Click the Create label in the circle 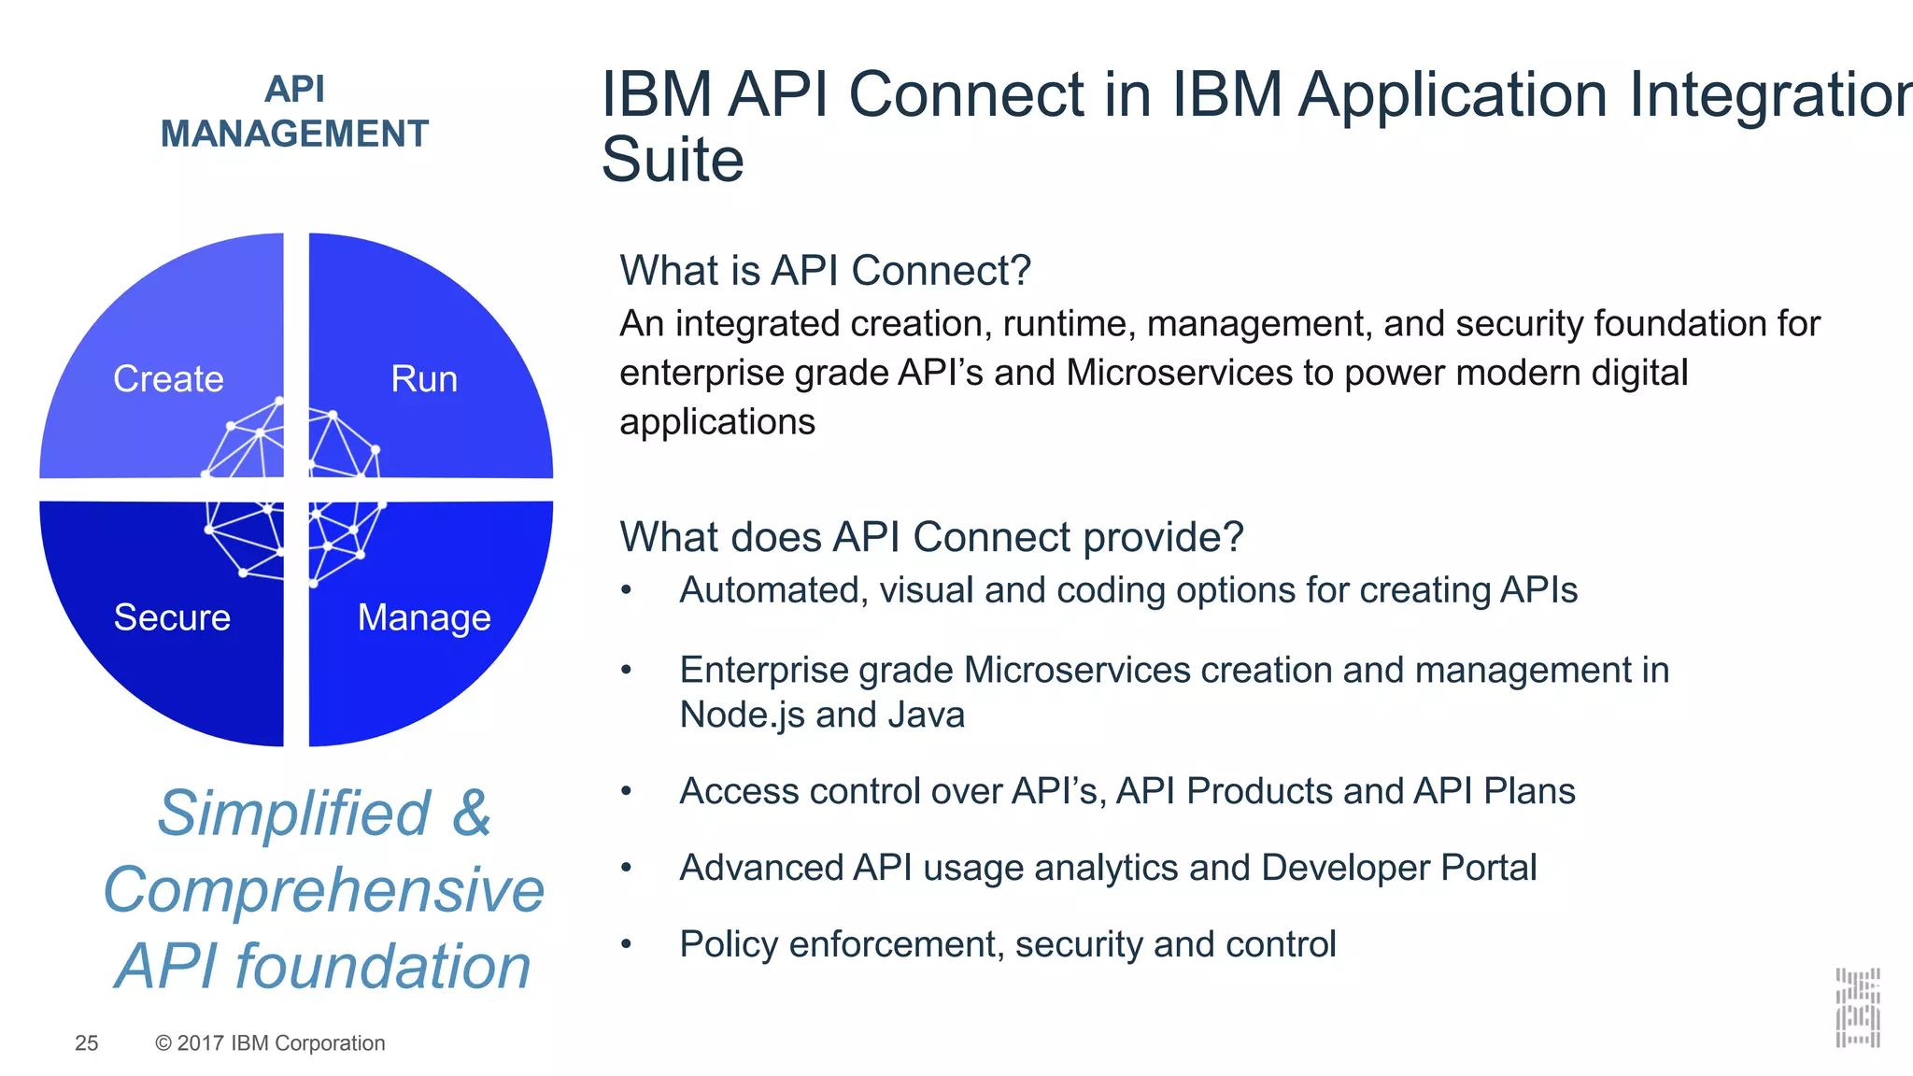[x=168, y=379]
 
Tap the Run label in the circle [x=424, y=379]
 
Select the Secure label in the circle [x=172, y=617]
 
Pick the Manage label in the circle [x=424, y=617]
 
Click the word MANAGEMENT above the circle [x=294, y=134]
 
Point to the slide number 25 [x=86, y=1043]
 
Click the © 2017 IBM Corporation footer [x=270, y=1043]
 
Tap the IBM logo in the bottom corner [x=1857, y=1008]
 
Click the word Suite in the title [x=673, y=160]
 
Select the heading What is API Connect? [x=825, y=271]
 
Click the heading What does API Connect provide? [x=931, y=537]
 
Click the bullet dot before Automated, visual [x=627, y=590]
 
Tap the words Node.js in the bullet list [x=742, y=715]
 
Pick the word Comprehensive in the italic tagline [x=323, y=889]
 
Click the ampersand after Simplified [x=472, y=813]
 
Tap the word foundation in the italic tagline [x=383, y=966]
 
